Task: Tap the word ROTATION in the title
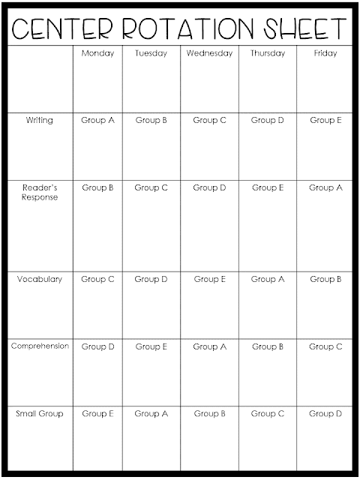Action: coord(175,29)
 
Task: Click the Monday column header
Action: coord(97,54)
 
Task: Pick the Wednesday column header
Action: coord(209,54)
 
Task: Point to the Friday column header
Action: coord(325,54)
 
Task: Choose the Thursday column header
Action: coord(268,54)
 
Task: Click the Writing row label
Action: coord(40,120)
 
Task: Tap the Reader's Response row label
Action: coord(40,192)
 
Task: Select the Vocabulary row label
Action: coord(40,279)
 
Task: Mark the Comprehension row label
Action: coord(40,346)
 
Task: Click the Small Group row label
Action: coord(40,413)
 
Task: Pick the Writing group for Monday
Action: coord(97,120)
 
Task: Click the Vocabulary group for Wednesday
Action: coord(209,279)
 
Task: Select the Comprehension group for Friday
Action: coord(325,346)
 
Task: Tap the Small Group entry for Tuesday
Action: coord(151,413)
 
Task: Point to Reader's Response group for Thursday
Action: coord(268,187)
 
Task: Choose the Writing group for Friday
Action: coord(325,120)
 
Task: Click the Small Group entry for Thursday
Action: coord(268,413)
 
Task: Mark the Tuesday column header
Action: coord(151,54)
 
